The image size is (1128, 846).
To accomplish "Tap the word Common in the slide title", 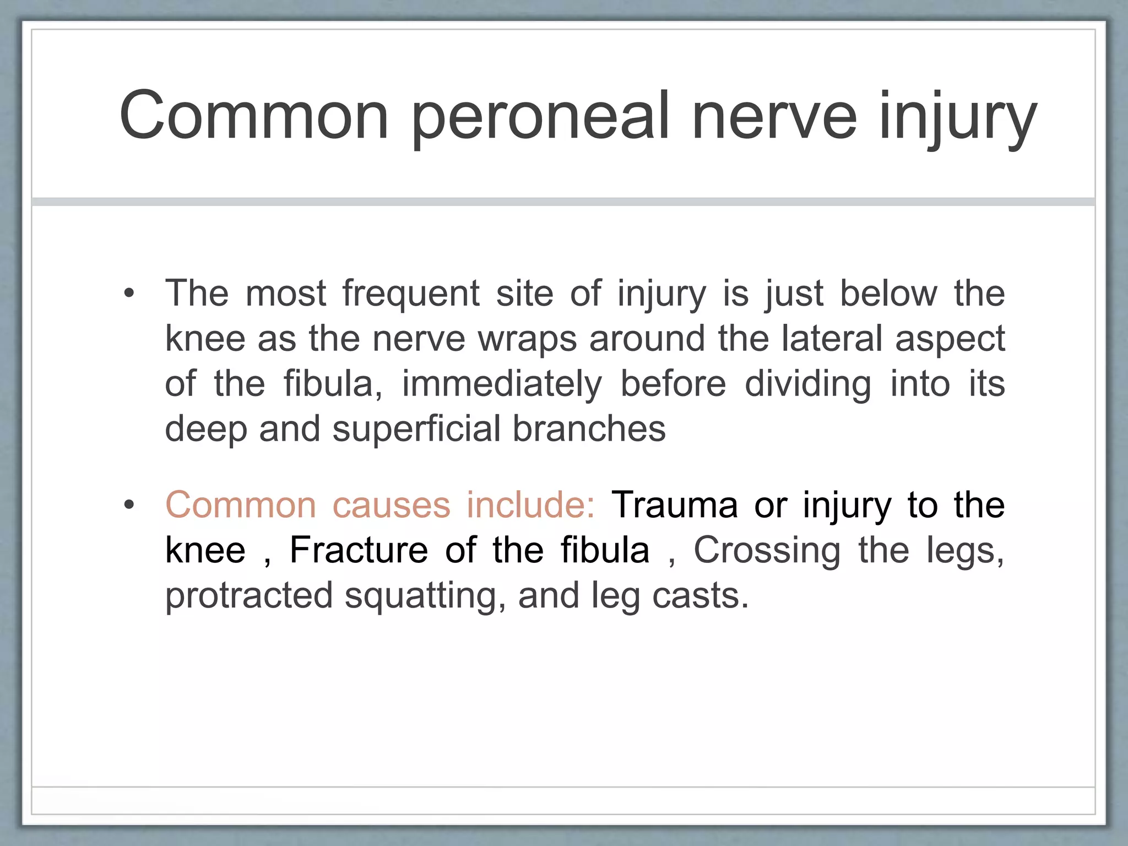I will [254, 117].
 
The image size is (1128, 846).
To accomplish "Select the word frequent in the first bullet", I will [411, 293].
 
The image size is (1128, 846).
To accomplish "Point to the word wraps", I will [528, 338].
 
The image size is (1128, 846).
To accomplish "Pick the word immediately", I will [502, 384].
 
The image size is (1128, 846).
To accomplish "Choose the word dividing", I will [808, 384].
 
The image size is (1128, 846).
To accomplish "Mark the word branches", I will [589, 429].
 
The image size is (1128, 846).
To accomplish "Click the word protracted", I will [249, 595].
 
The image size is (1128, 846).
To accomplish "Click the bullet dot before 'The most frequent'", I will [129, 293].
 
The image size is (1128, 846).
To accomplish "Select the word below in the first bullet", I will [888, 293].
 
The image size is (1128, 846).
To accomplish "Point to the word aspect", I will [950, 338].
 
